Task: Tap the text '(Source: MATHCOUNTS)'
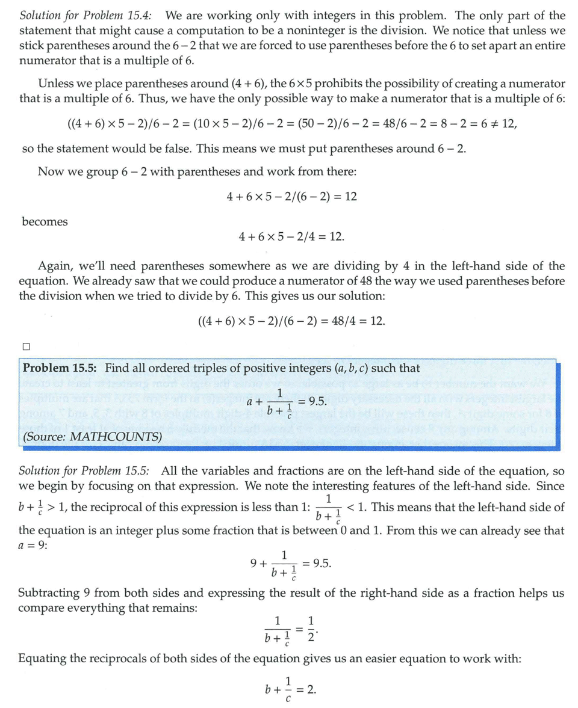92,437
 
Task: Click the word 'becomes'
45,221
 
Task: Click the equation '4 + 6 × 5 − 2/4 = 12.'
291,236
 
